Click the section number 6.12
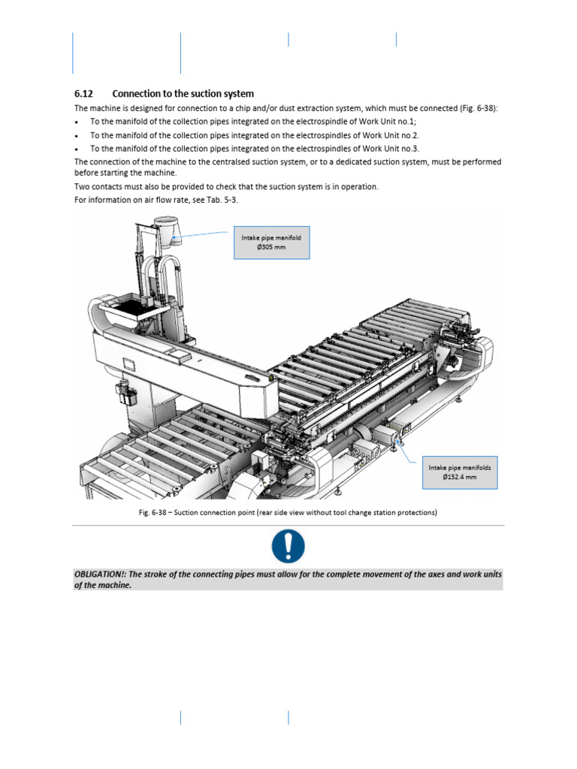pyautogui.click(x=83, y=94)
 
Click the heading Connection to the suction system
pyautogui.click(x=183, y=94)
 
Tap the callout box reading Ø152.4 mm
pyautogui.click(x=460, y=472)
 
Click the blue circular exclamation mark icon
pyautogui.click(x=288, y=547)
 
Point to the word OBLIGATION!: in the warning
pyautogui.click(x=100, y=574)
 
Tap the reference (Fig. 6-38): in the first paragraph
pyautogui.click(x=477, y=109)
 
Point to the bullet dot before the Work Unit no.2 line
pyautogui.click(x=77, y=136)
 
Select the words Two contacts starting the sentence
pyautogui.click(x=96, y=186)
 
